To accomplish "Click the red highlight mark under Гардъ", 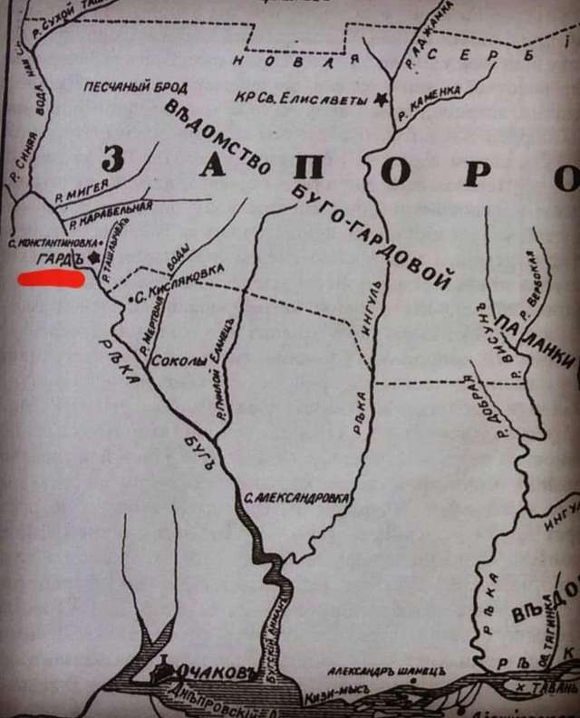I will [52, 278].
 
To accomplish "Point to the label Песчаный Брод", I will [136, 88].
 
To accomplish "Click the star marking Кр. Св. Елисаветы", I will [379, 95].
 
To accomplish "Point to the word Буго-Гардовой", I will [372, 236].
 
